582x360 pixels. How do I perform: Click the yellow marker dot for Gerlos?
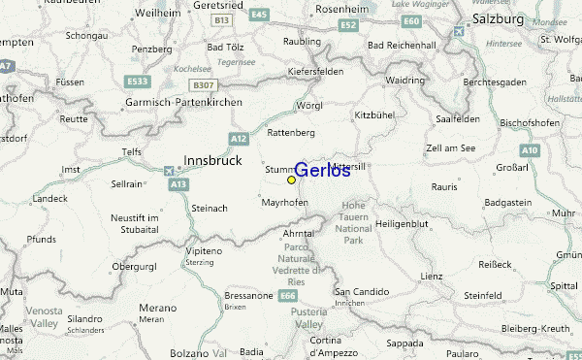pyautogui.click(x=291, y=180)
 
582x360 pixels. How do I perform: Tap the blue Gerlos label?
pyautogui.click(x=322, y=171)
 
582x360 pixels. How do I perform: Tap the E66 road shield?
pyautogui.click(x=288, y=295)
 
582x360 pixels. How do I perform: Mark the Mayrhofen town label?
pyautogui.click(x=284, y=203)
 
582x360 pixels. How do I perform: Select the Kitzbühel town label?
pyautogui.click(x=377, y=115)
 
